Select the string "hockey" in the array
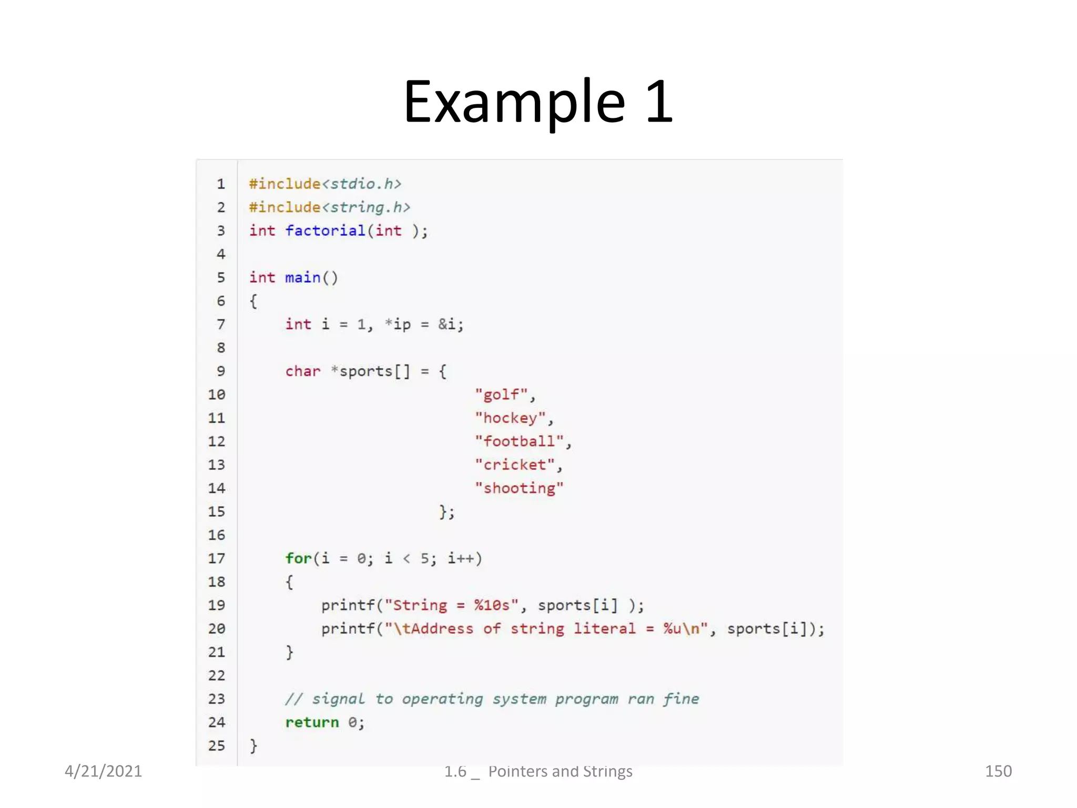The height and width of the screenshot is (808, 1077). tap(510, 418)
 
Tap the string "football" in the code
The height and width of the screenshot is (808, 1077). tap(519, 441)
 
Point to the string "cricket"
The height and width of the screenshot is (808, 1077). tap(515, 465)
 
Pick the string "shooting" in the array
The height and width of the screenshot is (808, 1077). tap(519, 488)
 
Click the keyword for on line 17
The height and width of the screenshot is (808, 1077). tap(298, 558)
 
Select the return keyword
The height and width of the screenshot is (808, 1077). tap(312, 722)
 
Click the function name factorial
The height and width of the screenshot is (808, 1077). tap(325, 230)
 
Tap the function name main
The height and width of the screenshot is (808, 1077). tap(302, 277)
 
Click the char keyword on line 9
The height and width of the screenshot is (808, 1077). tap(302, 371)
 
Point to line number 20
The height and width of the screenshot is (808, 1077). tap(216, 629)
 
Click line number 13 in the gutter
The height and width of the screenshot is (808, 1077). tap(216, 465)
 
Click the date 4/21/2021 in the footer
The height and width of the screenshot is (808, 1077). tap(103, 771)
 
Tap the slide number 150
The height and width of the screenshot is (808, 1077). tap(998, 771)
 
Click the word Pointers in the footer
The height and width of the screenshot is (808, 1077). tap(517, 771)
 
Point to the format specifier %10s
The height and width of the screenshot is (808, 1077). tap(492, 605)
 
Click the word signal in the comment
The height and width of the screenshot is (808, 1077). tap(338, 699)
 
